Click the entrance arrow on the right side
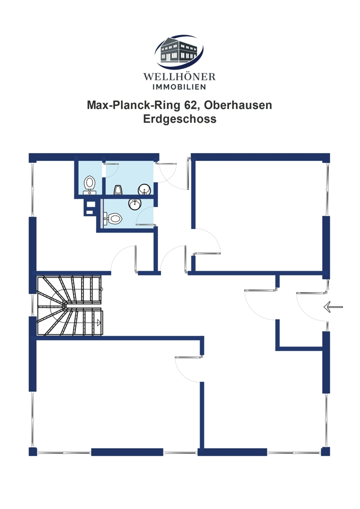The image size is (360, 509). pyautogui.click(x=333, y=306)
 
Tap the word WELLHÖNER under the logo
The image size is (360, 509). pyautogui.click(x=180, y=77)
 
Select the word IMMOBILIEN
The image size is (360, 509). pyautogui.click(x=180, y=87)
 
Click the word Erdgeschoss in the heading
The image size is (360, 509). pyautogui.click(x=180, y=119)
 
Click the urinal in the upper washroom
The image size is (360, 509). pyautogui.click(x=118, y=190)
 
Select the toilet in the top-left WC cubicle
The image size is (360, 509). pyautogui.click(x=89, y=185)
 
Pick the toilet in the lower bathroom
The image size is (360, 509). pyautogui.click(x=113, y=218)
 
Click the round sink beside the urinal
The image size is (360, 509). pyautogui.click(x=145, y=189)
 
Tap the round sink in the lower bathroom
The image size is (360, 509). pyautogui.click(x=135, y=204)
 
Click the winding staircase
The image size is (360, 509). pyautogui.click(x=70, y=305)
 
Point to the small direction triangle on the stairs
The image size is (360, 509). pyautogui.click(x=99, y=323)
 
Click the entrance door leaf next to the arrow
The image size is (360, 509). pyautogui.click(x=311, y=293)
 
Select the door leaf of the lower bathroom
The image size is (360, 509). pyautogui.click(x=146, y=224)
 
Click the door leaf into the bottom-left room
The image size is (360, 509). pyautogui.click(x=189, y=357)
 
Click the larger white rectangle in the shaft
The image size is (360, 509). pyautogui.click(x=91, y=204)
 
